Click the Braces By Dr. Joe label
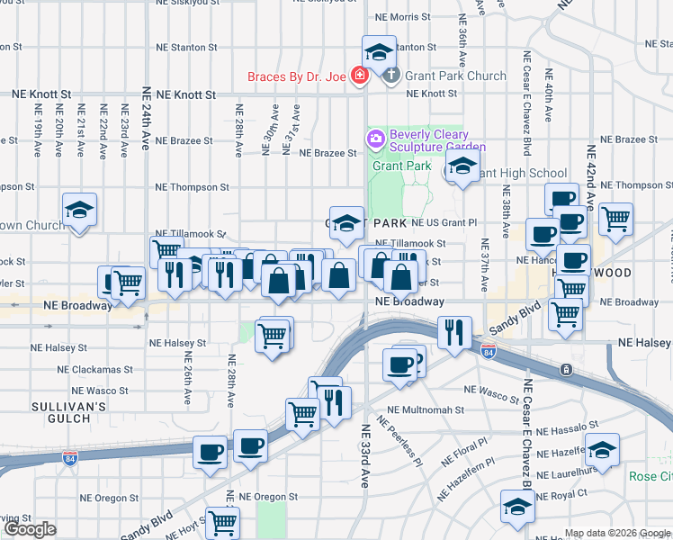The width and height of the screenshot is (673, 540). [297, 76]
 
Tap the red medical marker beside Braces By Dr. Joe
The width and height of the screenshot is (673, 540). [360, 76]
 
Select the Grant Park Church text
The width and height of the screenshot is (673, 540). [443, 76]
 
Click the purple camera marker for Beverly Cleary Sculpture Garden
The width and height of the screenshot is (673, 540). [374, 139]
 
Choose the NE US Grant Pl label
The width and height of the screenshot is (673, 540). [444, 221]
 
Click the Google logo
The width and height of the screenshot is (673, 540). [31, 528]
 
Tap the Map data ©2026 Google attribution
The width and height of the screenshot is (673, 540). [616, 534]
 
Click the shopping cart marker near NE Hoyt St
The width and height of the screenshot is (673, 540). [221, 520]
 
